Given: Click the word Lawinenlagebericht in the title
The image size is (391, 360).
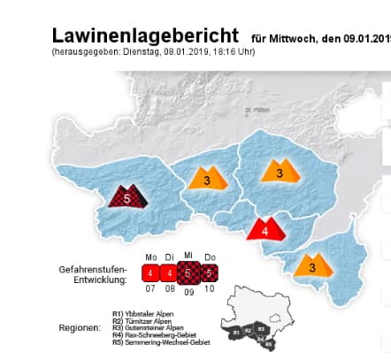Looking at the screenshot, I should [145, 36].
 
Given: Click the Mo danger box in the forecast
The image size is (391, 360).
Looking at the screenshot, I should [152, 272].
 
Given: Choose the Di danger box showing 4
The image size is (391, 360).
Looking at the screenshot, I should [170, 272].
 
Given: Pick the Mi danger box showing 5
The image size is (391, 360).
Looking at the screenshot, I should [188, 272].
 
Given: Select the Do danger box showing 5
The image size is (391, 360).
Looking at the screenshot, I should [208, 272].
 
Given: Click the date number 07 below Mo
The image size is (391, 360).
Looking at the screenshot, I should [151, 288].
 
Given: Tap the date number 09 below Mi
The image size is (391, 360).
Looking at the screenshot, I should [188, 290].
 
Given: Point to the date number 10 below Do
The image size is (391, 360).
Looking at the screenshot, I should [209, 288].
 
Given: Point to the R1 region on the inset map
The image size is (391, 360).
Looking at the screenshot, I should [236, 331].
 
